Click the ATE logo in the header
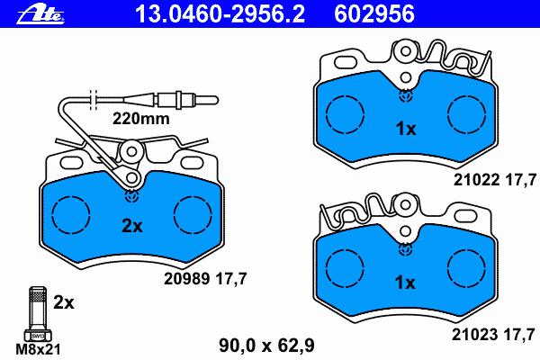tap(40, 14)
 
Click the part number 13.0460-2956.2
tap(220, 14)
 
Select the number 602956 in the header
tap(374, 14)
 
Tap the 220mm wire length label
tap(141, 119)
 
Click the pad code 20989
tap(186, 279)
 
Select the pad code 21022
tap(476, 180)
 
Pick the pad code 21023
tap(474, 335)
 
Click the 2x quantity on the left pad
tap(132, 226)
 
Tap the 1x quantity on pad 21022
tap(406, 130)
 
